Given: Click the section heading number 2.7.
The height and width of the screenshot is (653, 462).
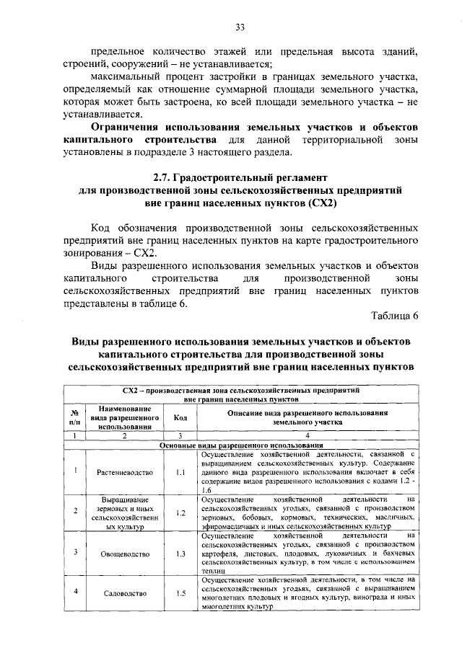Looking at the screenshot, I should pos(161,177).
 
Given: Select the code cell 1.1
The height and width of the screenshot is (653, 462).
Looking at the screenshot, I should pos(180,473).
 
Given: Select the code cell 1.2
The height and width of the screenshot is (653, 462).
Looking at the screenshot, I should pos(180,513).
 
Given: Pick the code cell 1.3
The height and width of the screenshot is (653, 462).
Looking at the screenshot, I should pos(180,554).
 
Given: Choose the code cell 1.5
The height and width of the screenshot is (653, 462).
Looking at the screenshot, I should pos(180,593).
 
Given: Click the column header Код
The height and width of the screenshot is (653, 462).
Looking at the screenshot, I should pos(180,417).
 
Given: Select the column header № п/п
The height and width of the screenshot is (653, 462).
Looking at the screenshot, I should pos(74,417).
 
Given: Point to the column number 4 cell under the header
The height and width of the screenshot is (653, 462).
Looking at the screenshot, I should pos(307,436).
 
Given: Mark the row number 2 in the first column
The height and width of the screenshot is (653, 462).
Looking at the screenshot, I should pos(75,512).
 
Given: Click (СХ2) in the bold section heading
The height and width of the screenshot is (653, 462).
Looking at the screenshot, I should pos(321,203).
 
